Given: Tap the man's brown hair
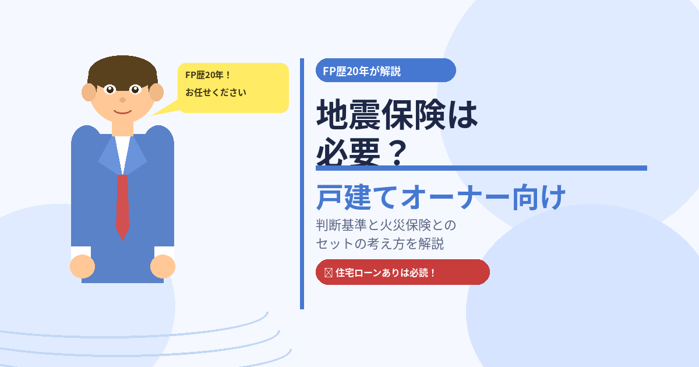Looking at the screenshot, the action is (122, 71).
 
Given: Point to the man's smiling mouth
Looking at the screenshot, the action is (122, 112).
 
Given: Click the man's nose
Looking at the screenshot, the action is (123, 100).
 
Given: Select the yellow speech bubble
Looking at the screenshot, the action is (233, 88).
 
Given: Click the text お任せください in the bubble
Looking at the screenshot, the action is (216, 93).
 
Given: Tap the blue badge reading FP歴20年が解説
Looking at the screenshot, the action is (386, 70).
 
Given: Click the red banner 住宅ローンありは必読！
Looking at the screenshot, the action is (403, 272).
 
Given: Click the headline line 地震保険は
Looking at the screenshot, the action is (397, 115).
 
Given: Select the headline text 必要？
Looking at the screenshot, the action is (362, 152).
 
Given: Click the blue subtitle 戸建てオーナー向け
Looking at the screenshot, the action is (440, 197).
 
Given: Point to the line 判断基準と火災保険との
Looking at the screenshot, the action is (386, 225).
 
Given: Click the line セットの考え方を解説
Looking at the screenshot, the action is (380, 244).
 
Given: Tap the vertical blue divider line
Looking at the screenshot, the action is (302, 184).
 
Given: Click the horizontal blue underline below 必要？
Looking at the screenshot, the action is (481, 168).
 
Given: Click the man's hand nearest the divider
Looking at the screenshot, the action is (163, 267).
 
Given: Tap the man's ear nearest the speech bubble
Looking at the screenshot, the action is (157, 93).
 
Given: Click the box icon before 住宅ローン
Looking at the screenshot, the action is (329, 273).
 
